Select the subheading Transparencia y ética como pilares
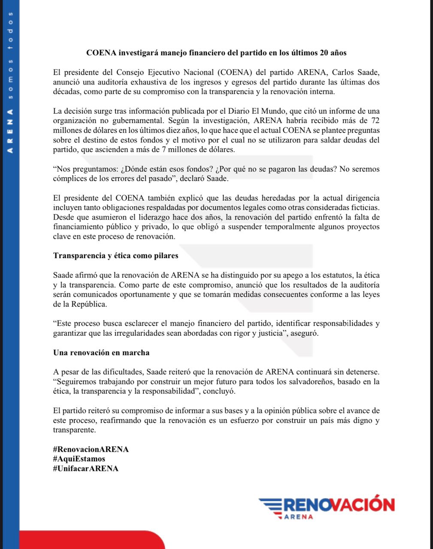coord(115,256)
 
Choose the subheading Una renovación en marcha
coord(101,353)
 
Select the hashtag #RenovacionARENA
coord(91,449)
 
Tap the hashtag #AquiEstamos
coord(79,459)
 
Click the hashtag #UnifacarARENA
coord(85,468)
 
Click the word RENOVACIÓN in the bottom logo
coord(339,504)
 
